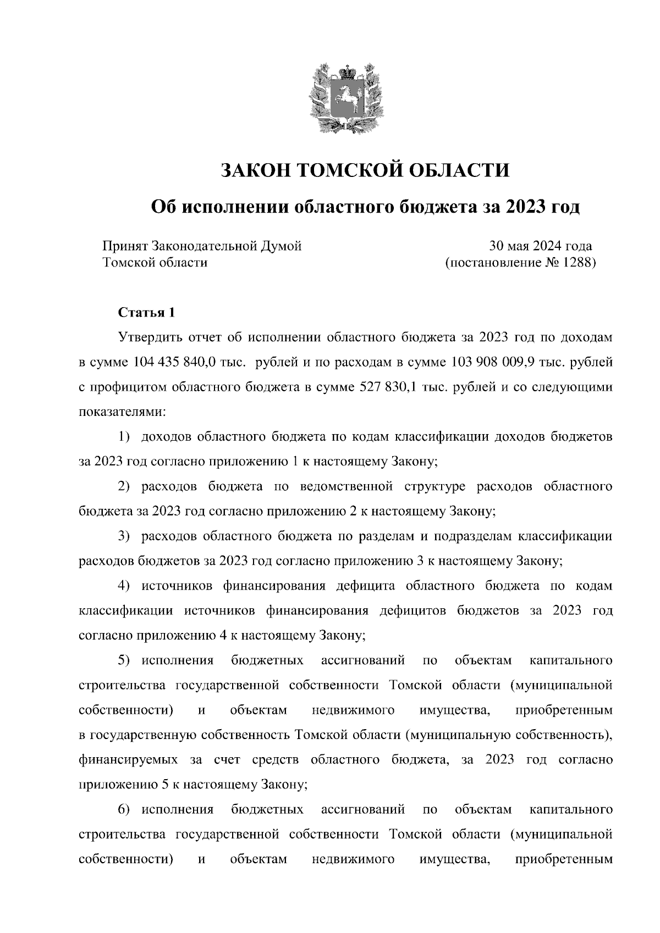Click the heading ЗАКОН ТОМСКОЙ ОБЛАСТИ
[365, 170]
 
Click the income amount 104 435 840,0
[177, 362]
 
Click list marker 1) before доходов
[125, 437]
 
